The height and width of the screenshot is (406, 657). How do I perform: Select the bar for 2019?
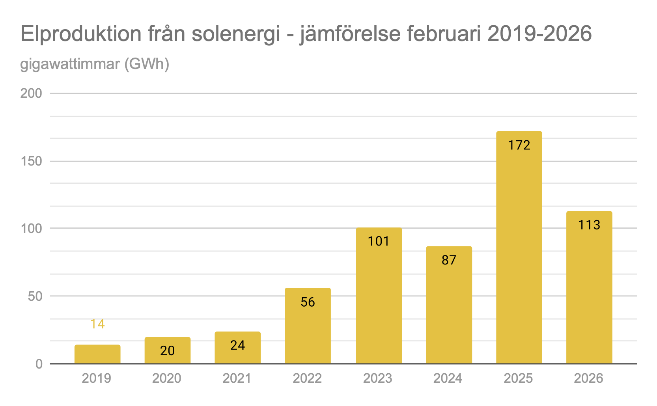97,354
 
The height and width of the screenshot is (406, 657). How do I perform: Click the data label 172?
519,145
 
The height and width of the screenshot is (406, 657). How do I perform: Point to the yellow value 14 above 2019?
97,324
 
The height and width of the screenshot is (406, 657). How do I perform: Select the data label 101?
379,241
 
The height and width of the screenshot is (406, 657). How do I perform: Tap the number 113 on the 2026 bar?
589,225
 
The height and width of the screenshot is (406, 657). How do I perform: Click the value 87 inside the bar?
449,260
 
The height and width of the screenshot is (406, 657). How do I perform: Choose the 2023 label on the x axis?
377,378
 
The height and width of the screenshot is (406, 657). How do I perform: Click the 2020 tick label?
166,378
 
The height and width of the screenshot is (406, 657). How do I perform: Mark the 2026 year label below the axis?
588,378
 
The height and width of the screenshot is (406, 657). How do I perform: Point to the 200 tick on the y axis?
31,93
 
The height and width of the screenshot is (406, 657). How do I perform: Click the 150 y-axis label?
31,161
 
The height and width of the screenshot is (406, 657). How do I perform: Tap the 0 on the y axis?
39,364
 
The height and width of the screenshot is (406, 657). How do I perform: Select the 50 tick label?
35,296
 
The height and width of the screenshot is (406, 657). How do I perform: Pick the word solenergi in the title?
236,34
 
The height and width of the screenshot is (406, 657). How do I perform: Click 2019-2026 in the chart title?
539,34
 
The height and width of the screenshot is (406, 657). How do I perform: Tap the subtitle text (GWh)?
147,64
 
